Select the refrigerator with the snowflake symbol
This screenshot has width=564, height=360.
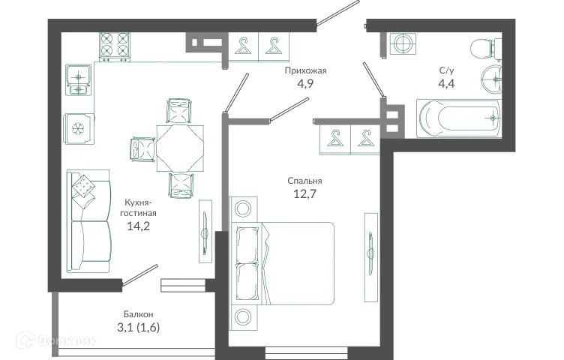(x=77, y=128)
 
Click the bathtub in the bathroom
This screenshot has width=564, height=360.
(x=457, y=118)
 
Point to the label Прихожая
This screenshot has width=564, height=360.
(x=304, y=71)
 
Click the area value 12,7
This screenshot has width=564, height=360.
(x=304, y=196)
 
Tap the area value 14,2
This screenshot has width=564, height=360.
(x=137, y=226)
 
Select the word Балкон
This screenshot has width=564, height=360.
(x=139, y=313)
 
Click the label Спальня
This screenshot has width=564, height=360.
(x=304, y=181)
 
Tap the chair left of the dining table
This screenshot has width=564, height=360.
(x=142, y=148)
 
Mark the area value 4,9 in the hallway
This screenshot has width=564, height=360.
(x=304, y=85)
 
